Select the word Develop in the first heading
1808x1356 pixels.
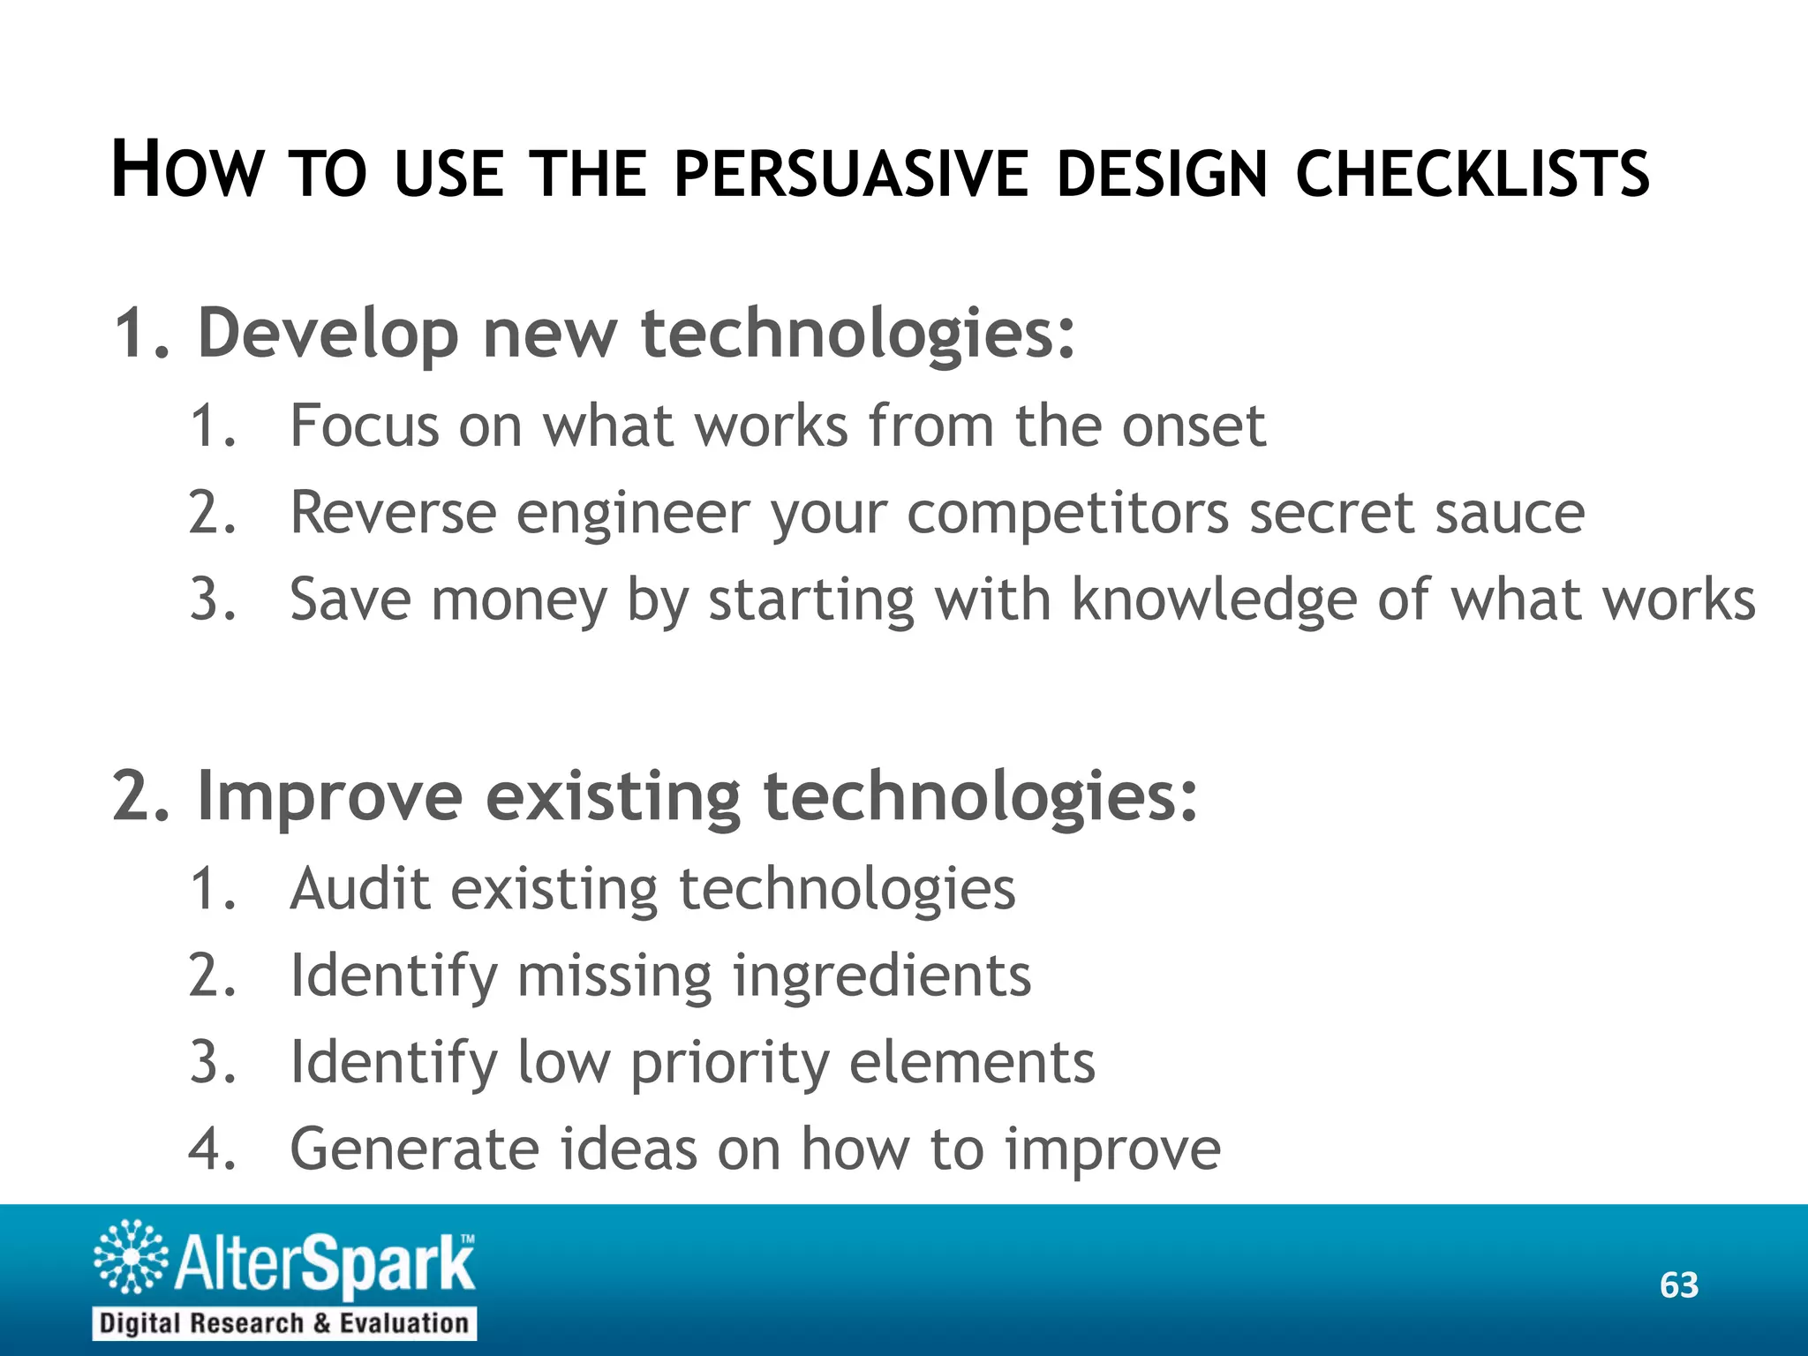328,334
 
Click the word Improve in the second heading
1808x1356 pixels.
329,796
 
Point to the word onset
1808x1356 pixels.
1193,426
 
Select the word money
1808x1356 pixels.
519,600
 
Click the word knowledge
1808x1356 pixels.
1214,600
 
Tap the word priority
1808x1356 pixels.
729,1063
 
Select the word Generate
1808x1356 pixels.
414,1149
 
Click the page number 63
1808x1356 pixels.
1678,1285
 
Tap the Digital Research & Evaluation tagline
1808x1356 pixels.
284,1323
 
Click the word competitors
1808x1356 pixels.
1067,513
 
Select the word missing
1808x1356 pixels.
614,976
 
